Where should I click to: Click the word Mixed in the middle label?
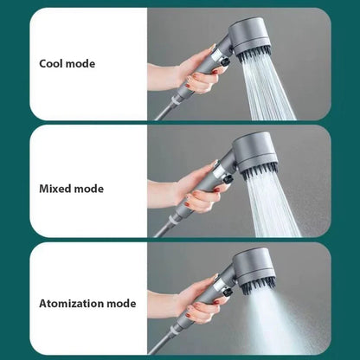(x=55, y=189)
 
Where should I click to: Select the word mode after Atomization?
(x=121, y=304)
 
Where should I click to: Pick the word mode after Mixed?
(x=89, y=189)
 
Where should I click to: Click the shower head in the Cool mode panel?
(x=250, y=37)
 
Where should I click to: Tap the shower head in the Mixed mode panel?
(x=255, y=154)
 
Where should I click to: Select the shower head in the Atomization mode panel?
(x=254, y=271)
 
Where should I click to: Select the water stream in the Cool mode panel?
(x=267, y=89)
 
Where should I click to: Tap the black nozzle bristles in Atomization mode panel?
(x=257, y=288)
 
